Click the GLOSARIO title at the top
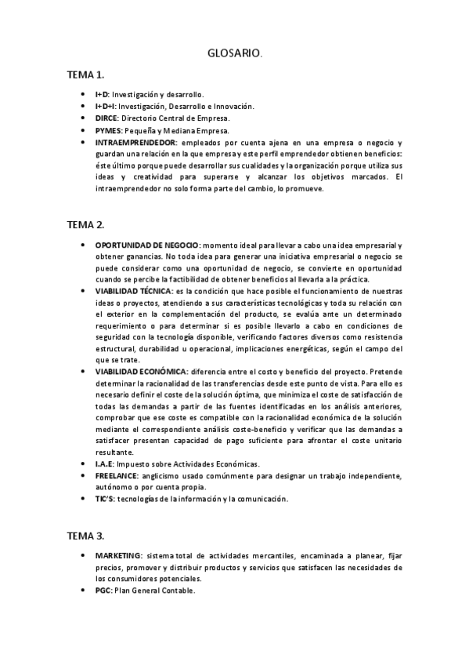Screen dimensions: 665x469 click(x=234, y=53)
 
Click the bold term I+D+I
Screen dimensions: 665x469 click(x=105, y=106)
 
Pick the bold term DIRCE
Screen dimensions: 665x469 click(x=106, y=118)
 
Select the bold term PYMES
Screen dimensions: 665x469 click(x=106, y=130)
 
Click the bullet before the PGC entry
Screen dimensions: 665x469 click(x=84, y=590)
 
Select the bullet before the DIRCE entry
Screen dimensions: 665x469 click(x=84, y=118)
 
